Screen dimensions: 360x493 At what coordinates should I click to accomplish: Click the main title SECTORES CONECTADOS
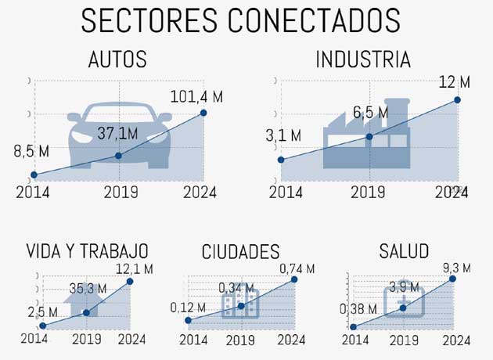[241, 21]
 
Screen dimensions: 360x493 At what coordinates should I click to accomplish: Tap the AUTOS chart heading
[117, 60]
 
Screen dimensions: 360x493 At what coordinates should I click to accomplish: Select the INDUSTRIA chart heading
[362, 60]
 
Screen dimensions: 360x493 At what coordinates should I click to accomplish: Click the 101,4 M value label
[196, 96]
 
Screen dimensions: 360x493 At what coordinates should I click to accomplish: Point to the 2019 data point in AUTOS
[118, 156]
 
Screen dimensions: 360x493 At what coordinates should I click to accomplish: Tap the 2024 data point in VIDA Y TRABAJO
[130, 281]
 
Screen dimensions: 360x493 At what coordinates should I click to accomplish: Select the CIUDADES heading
[240, 252]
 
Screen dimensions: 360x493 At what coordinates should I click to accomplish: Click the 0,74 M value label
[297, 268]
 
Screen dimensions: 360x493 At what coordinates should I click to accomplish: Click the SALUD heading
[404, 252]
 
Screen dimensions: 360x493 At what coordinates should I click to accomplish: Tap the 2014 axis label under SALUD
[355, 340]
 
